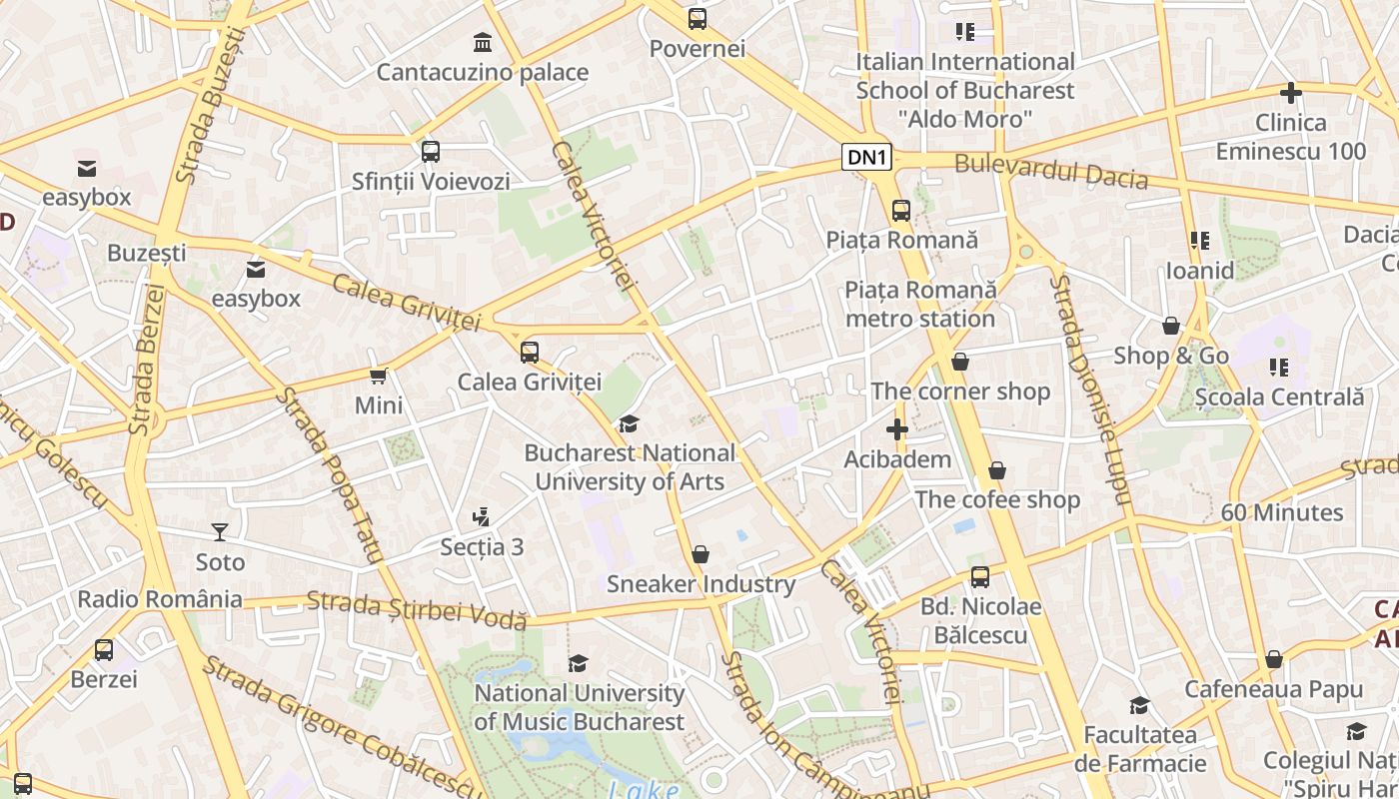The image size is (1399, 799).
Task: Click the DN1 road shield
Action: point(866,157)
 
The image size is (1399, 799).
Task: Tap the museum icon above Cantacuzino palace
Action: point(483,42)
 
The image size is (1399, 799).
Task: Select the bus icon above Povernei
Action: point(698,18)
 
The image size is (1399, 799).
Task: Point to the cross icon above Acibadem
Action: point(897,429)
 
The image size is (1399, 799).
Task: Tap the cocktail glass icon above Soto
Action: point(220,532)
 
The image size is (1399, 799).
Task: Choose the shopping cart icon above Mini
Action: point(379,376)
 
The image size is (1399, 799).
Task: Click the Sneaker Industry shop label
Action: point(700,584)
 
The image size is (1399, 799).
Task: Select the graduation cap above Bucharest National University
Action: point(629,423)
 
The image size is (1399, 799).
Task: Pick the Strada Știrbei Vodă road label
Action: point(417,609)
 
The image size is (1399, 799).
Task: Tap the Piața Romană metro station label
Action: point(920,305)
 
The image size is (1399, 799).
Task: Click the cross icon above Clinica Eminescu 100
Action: point(1291,93)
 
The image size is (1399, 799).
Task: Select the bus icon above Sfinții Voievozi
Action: point(431,152)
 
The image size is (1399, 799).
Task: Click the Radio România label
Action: point(160,599)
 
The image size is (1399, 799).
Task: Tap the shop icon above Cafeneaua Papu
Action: point(1273,659)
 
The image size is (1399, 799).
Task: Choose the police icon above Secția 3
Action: point(482,517)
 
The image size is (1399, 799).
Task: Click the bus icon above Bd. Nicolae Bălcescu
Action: point(980,576)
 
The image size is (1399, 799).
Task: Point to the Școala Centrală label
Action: point(1279,397)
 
